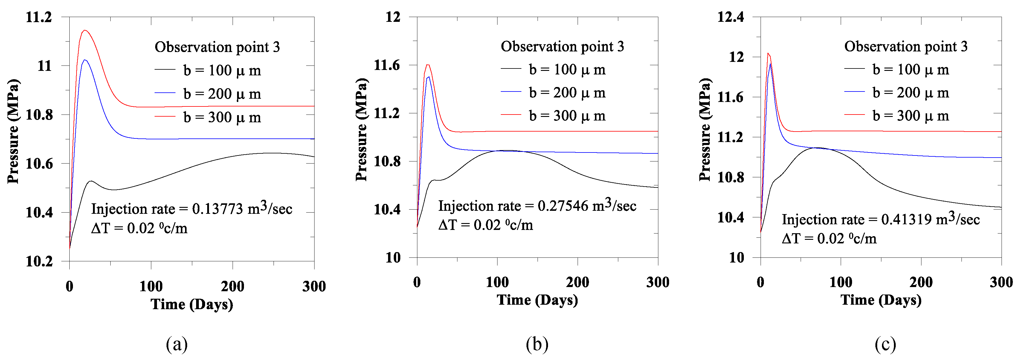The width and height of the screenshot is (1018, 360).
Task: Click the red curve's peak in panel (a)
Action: tap(85, 30)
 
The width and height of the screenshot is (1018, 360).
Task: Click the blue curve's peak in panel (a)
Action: tap(85, 60)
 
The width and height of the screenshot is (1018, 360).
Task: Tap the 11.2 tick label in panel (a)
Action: tap(39, 17)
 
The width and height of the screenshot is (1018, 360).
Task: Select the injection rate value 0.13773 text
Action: tap(217, 209)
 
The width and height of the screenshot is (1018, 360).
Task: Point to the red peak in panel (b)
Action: tap(428, 65)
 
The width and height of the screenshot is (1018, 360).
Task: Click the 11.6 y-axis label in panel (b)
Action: tap(387, 65)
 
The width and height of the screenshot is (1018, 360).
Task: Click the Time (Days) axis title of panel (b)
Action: tap(537, 300)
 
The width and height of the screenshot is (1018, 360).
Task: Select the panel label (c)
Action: tap(885, 344)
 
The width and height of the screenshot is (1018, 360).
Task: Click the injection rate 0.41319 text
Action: tap(909, 219)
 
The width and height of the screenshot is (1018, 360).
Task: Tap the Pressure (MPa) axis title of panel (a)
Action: tap(13, 131)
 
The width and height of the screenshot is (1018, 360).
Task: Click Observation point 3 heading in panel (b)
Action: tap(562, 47)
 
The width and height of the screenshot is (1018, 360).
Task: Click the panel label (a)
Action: tap(177, 344)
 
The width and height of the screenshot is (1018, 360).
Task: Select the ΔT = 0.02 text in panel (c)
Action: tap(829, 239)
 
